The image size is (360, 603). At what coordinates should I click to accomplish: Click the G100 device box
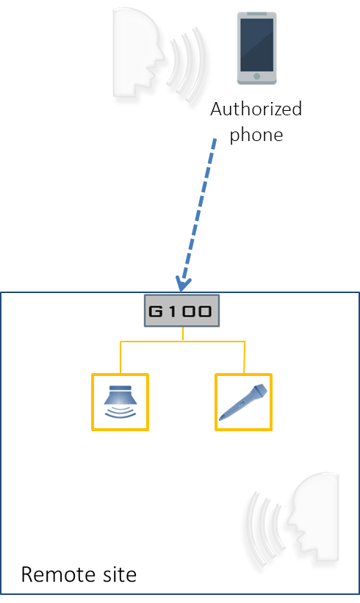181,311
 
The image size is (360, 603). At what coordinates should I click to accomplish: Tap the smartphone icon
256,48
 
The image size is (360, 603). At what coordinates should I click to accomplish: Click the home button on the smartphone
256,76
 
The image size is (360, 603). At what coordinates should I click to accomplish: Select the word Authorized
256,109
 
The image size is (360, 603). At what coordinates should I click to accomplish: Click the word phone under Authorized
256,135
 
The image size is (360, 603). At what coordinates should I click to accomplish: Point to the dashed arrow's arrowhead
182,284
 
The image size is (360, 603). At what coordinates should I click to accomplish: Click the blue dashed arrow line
197,214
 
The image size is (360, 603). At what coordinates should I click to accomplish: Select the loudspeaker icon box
120,402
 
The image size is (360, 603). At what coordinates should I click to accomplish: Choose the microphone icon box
243,402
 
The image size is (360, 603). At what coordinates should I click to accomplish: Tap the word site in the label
119,574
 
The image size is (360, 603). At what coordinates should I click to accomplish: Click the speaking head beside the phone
137,54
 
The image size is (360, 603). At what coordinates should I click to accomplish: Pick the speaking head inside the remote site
314,520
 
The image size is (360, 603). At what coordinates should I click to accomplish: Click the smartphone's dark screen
256,44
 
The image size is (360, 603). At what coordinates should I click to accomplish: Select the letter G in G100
155,311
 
